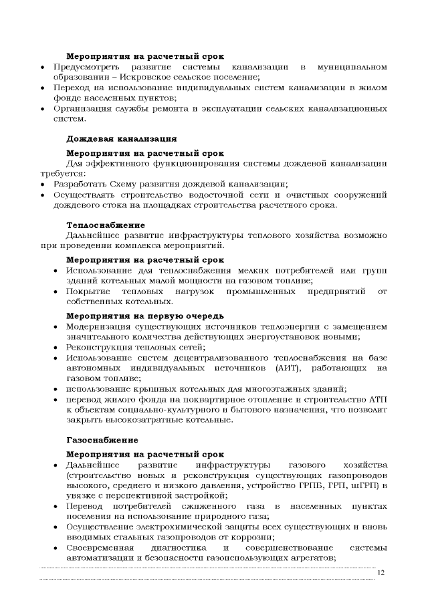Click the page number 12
(381, 572)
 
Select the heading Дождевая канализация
(121, 139)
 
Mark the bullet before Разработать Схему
(43, 184)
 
